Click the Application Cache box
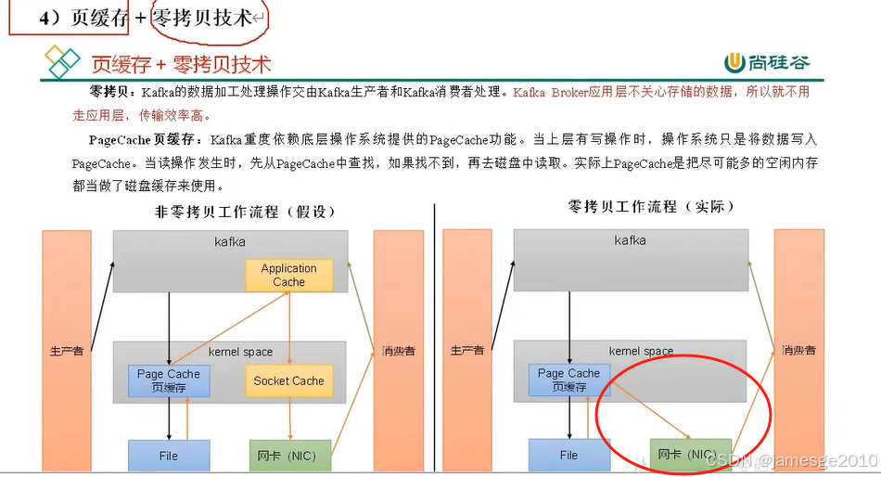click(x=288, y=275)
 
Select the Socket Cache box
click(x=288, y=380)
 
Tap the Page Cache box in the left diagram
click(x=168, y=380)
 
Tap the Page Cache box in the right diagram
click(x=568, y=380)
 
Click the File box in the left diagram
click(x=168, y=456)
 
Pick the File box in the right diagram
click(x=568, y=455)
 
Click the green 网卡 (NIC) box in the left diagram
click(x=289, y=456)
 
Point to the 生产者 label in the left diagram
click(x=66, y=351)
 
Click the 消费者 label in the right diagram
click(x=798, y=351)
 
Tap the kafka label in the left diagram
click(x=230, y=241)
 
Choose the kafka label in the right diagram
click(x=631, y=241)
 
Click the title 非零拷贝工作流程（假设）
click(x=245, y=212)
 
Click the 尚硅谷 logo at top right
click(x=768, y=62)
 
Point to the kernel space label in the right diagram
click(x=641, y=352)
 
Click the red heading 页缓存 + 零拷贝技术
click(x=181, y=64)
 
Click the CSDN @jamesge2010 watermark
click(x=791, y=460)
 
